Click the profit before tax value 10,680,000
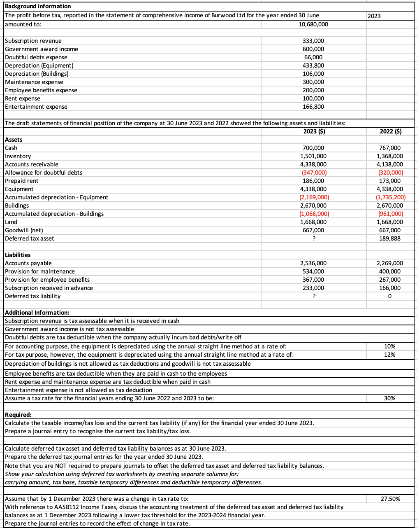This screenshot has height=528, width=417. tap(313, 24)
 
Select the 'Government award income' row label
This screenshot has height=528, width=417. tap(41, 49)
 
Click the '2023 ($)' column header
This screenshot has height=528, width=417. tap(314, 131)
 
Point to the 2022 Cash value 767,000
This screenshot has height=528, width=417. tap(390, 148)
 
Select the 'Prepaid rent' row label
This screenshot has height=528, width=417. tap(21, 181)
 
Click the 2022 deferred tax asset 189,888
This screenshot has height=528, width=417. tap(390, 238)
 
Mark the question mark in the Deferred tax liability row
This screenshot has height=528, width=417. tap(314, 296)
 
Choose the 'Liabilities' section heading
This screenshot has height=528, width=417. tap(18, 255)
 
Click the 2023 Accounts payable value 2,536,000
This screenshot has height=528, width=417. tap(313, 263)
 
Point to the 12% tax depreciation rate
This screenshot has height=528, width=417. tap(389, 355)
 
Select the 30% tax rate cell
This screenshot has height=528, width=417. tap(389, 398)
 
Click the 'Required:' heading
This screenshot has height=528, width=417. tap(18, 415)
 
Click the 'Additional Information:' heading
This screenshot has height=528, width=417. tap(37, 313)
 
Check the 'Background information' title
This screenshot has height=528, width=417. tap(38, 6)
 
